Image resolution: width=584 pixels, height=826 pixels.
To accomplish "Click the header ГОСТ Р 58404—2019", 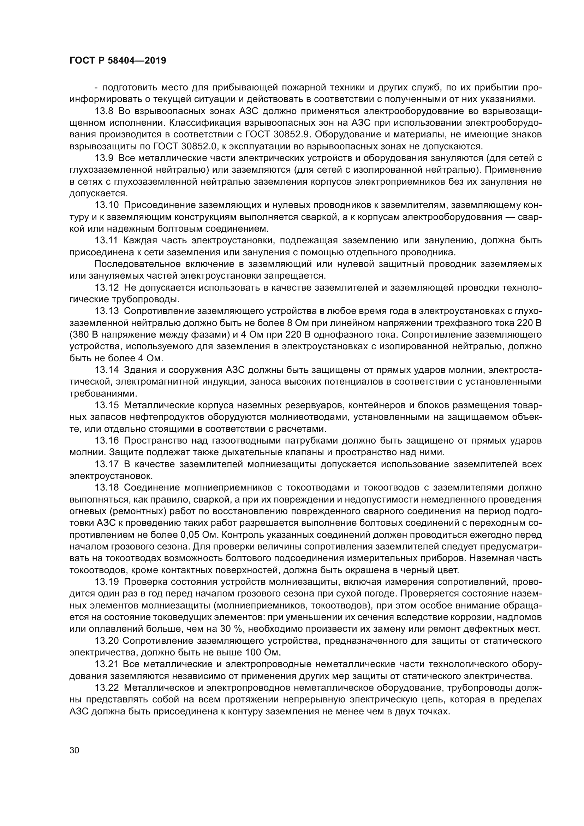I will coord(118,61).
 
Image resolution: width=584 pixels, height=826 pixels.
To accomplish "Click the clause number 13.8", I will coord(104,111).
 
